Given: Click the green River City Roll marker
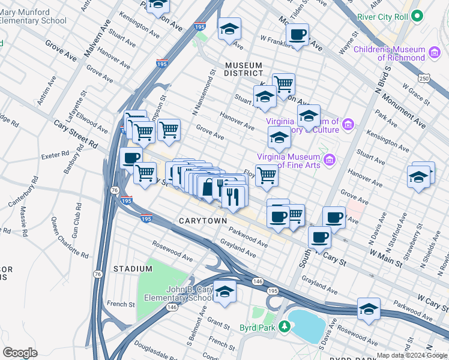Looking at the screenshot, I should (419, 17).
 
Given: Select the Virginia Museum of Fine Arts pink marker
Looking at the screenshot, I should (329, 160).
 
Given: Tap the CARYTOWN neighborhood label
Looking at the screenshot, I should (203, 221).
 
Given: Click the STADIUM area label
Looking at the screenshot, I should (133, 268).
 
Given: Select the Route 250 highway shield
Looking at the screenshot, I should (424, 79).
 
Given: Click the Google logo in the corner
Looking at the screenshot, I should (20, 352).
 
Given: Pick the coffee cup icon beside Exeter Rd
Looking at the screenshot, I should (131, 158).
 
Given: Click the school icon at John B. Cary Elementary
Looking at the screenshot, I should (225, 292).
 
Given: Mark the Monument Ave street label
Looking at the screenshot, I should (415, 112).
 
